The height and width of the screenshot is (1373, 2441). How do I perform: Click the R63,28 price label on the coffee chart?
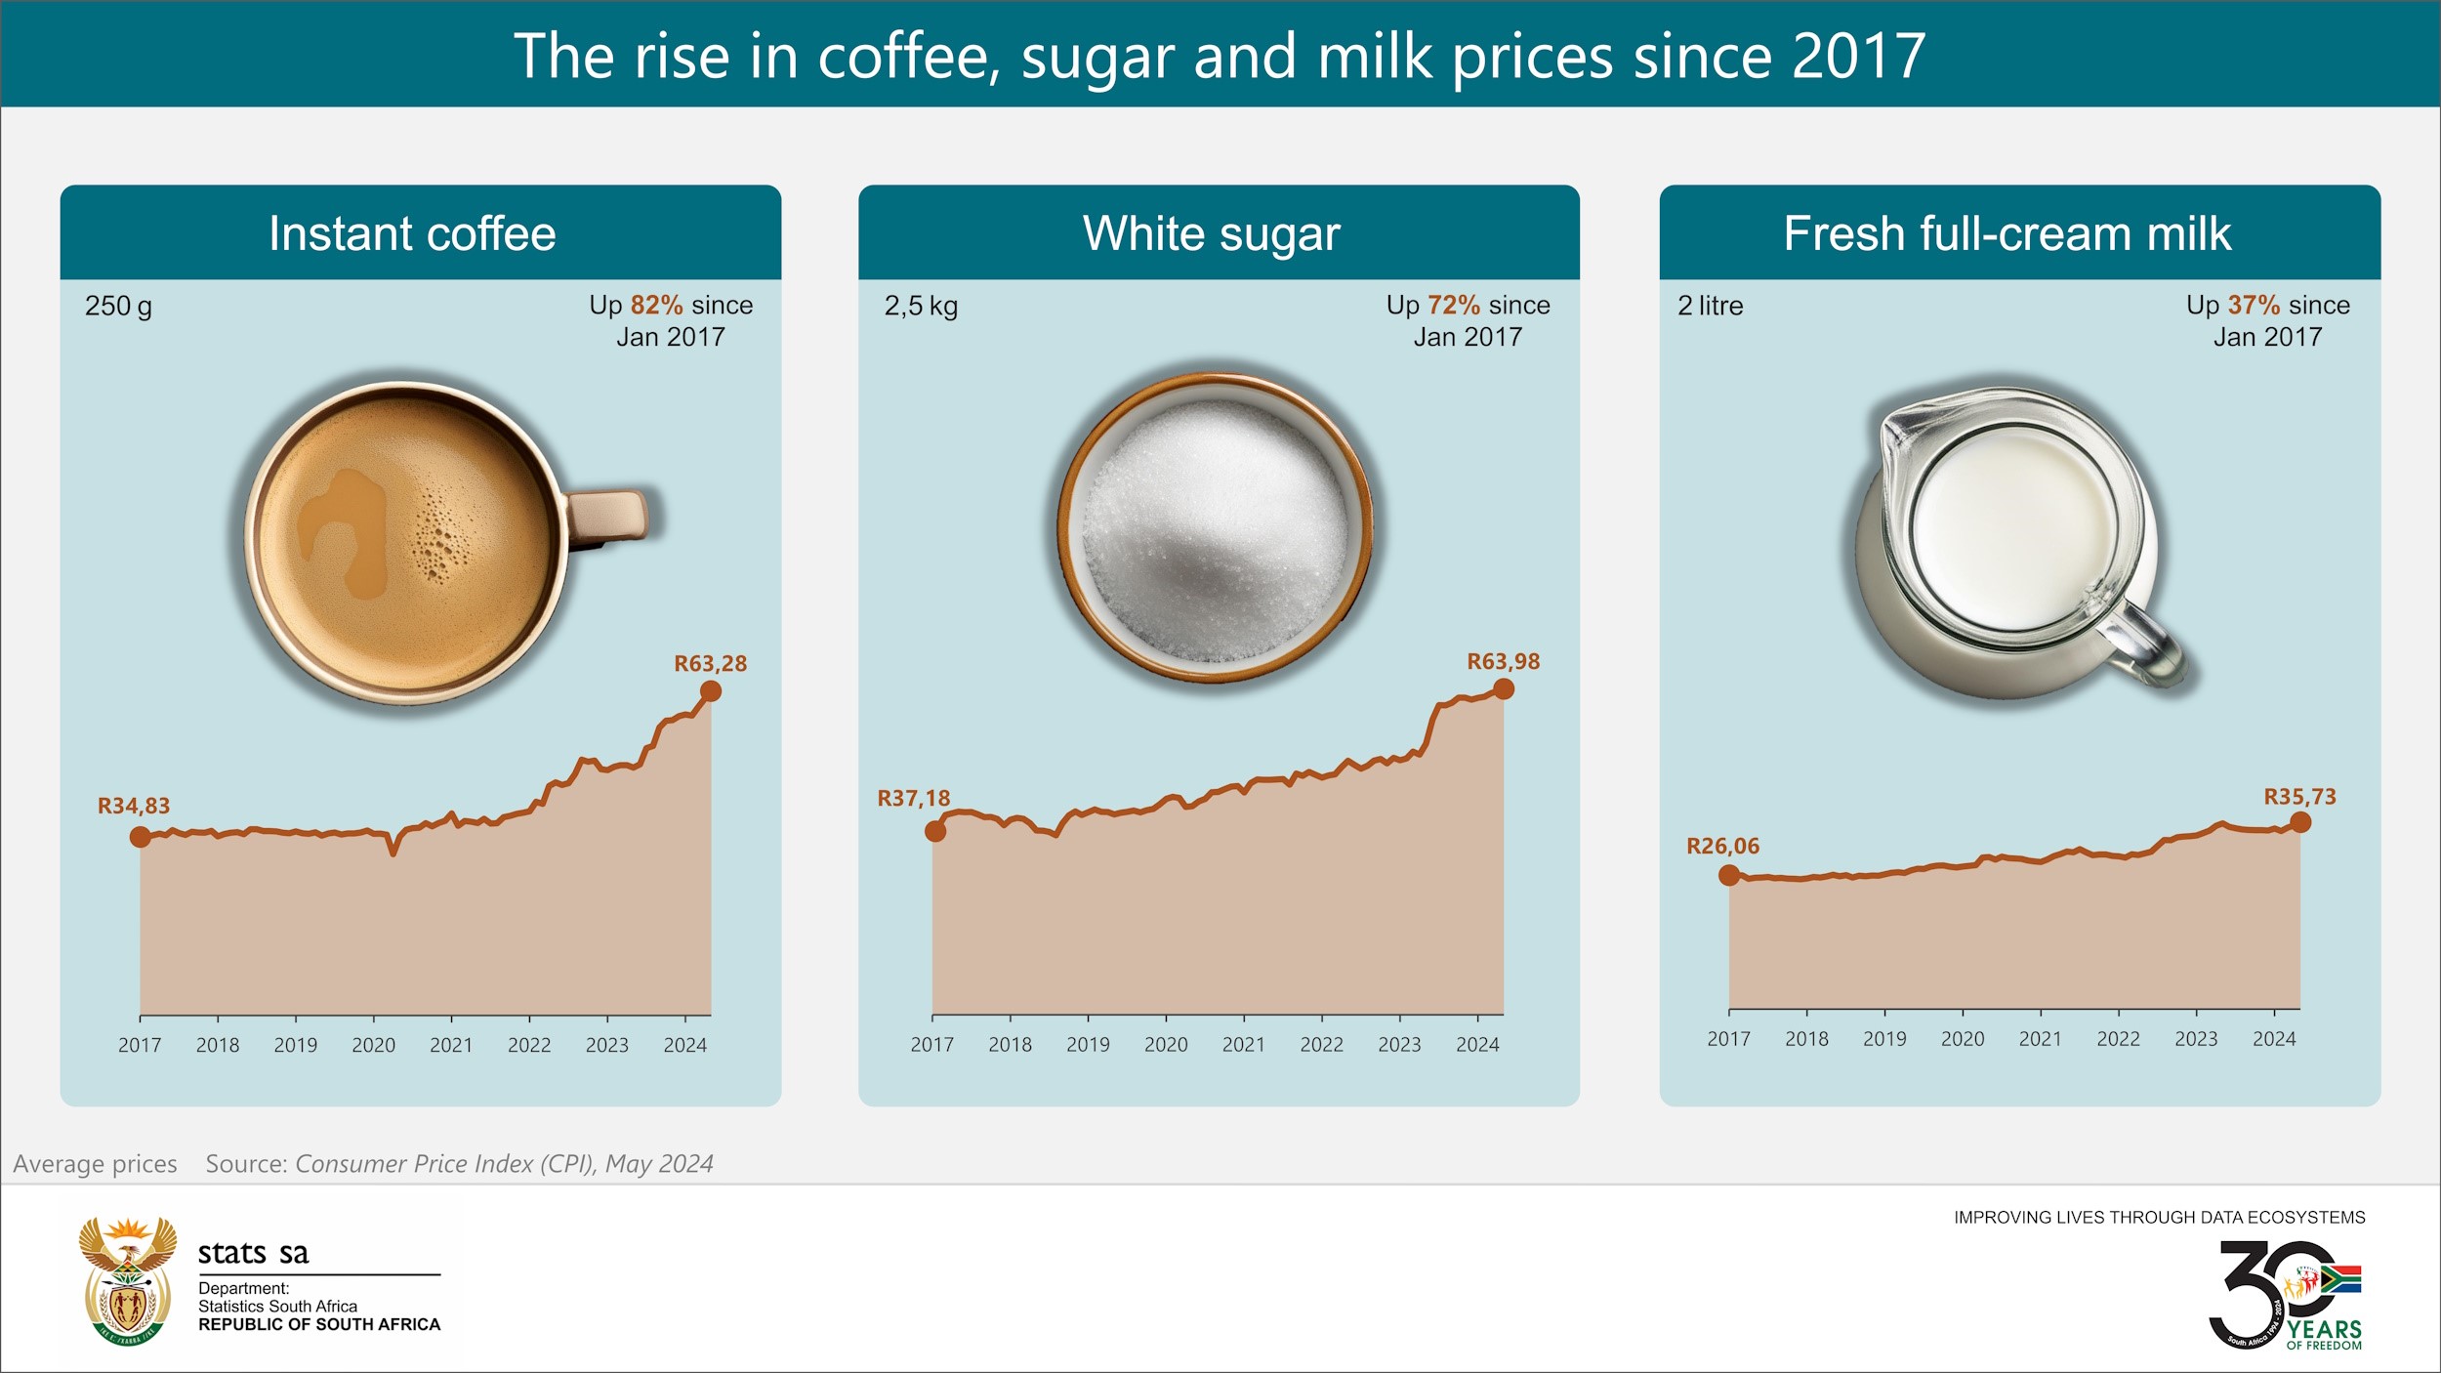click(710, 664)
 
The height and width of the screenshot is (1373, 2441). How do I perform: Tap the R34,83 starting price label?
click(134, 807)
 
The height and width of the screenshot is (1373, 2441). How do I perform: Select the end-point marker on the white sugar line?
click(1504, 689)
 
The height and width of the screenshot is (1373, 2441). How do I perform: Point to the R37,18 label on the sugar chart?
click(913, 799)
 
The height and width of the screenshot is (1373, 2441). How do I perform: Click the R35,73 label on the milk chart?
click(2299, 797)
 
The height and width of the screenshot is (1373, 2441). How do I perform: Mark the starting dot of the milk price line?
click(1728, 875)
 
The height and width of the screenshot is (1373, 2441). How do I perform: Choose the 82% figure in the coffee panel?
click(656, 306)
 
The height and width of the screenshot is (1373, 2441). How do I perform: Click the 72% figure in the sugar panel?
click(1454, 306)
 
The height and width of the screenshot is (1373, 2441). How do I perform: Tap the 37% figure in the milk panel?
click(2254, 306)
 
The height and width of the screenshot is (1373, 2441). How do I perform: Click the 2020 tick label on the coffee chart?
click(373, 1045)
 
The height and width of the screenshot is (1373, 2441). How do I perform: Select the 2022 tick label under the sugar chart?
click(1321, 1045)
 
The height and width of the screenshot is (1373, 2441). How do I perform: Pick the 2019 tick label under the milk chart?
click(1884, 1039)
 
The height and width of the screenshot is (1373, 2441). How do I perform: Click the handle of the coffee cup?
click(610, 516)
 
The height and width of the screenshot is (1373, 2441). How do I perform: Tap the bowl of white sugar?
click(1215, 527)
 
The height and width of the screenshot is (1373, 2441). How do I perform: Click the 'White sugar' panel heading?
click(1211, 234)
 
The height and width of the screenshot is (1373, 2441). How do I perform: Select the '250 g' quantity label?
click(118, 307)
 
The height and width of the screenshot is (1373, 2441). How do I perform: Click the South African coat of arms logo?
click(128, 1281)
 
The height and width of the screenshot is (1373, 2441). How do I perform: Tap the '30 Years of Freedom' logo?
click(2285, 1295)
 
